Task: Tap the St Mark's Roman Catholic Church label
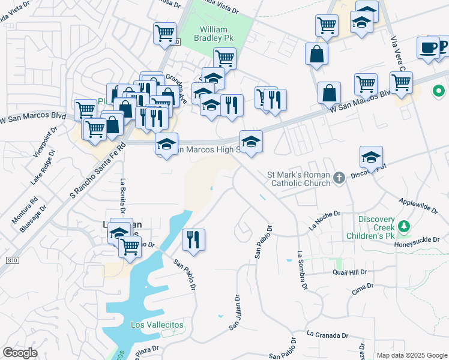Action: point(298,179)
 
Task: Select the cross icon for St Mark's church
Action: point(339,177)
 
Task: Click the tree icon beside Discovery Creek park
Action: point(405,226)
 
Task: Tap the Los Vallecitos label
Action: point(157,325)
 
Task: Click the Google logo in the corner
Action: point(20,353)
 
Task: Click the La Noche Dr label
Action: point(324,220)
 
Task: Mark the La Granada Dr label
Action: point(327,334)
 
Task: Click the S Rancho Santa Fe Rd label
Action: point(97,171)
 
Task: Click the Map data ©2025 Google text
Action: point(411,355)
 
